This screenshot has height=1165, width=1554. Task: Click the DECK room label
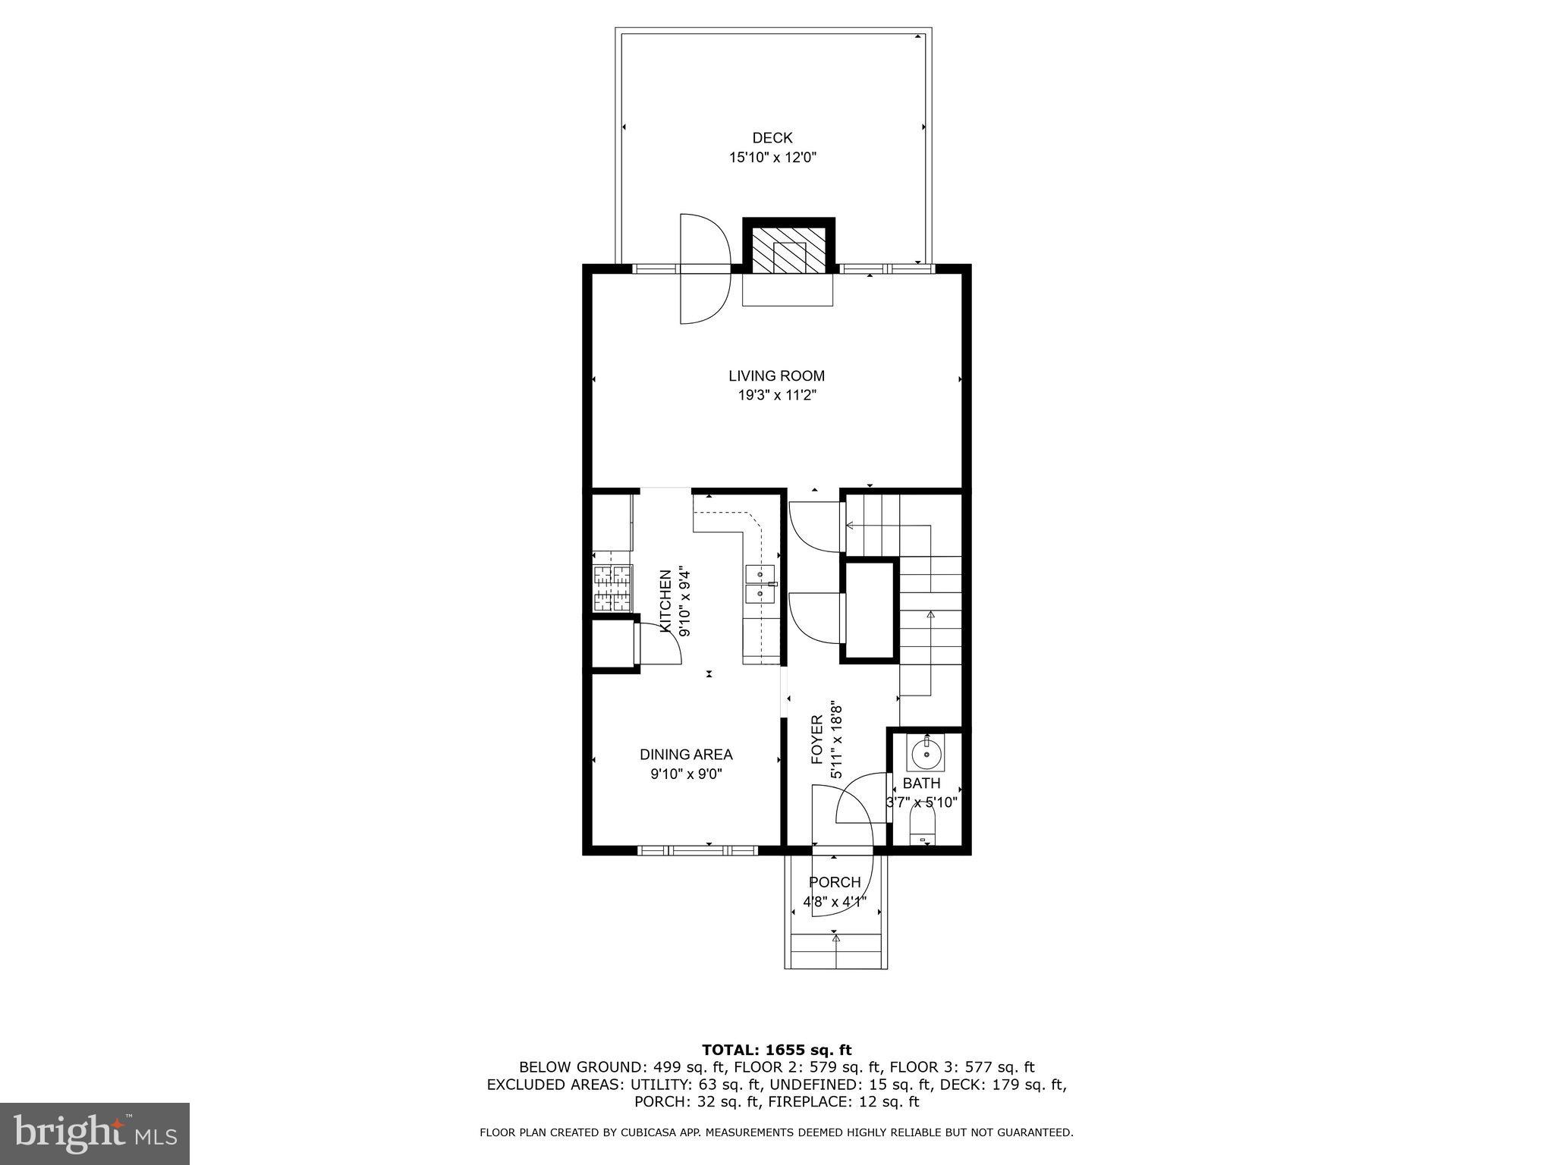pyautogui.click(x=772, y=138)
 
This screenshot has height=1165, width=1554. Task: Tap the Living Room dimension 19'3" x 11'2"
pyautogui.click(x=776, y=395)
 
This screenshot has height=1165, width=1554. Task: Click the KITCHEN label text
pyautogui.click(x=665, y=601)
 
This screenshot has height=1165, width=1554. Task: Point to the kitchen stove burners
pyautogui.click(x=612, y=589)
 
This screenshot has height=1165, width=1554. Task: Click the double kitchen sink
pyautogui.click(x=760, y=584)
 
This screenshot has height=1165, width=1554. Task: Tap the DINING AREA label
pyautogui.click(x=686, y=755)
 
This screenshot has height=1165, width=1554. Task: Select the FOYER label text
pyautogui.click(x=817, y=739)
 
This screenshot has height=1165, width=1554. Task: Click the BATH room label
pyautogui.click(x=921, y=783)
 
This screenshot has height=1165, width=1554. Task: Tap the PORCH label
pyautogui.click(x=835, y=882)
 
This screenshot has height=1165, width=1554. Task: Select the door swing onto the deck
pyautogui.click(x=704, y=268)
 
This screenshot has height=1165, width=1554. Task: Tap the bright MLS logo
pyautogui.click(x=94, y=1133)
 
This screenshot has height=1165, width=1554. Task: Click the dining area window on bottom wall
pyautogui.click(x=697, y=850)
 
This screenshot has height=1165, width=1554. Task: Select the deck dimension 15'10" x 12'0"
pyautogui.click(x=772, y=158)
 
